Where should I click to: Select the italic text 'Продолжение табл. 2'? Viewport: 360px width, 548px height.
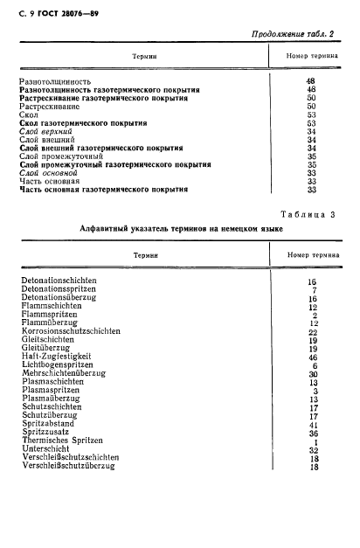click(x=293, y=35)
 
